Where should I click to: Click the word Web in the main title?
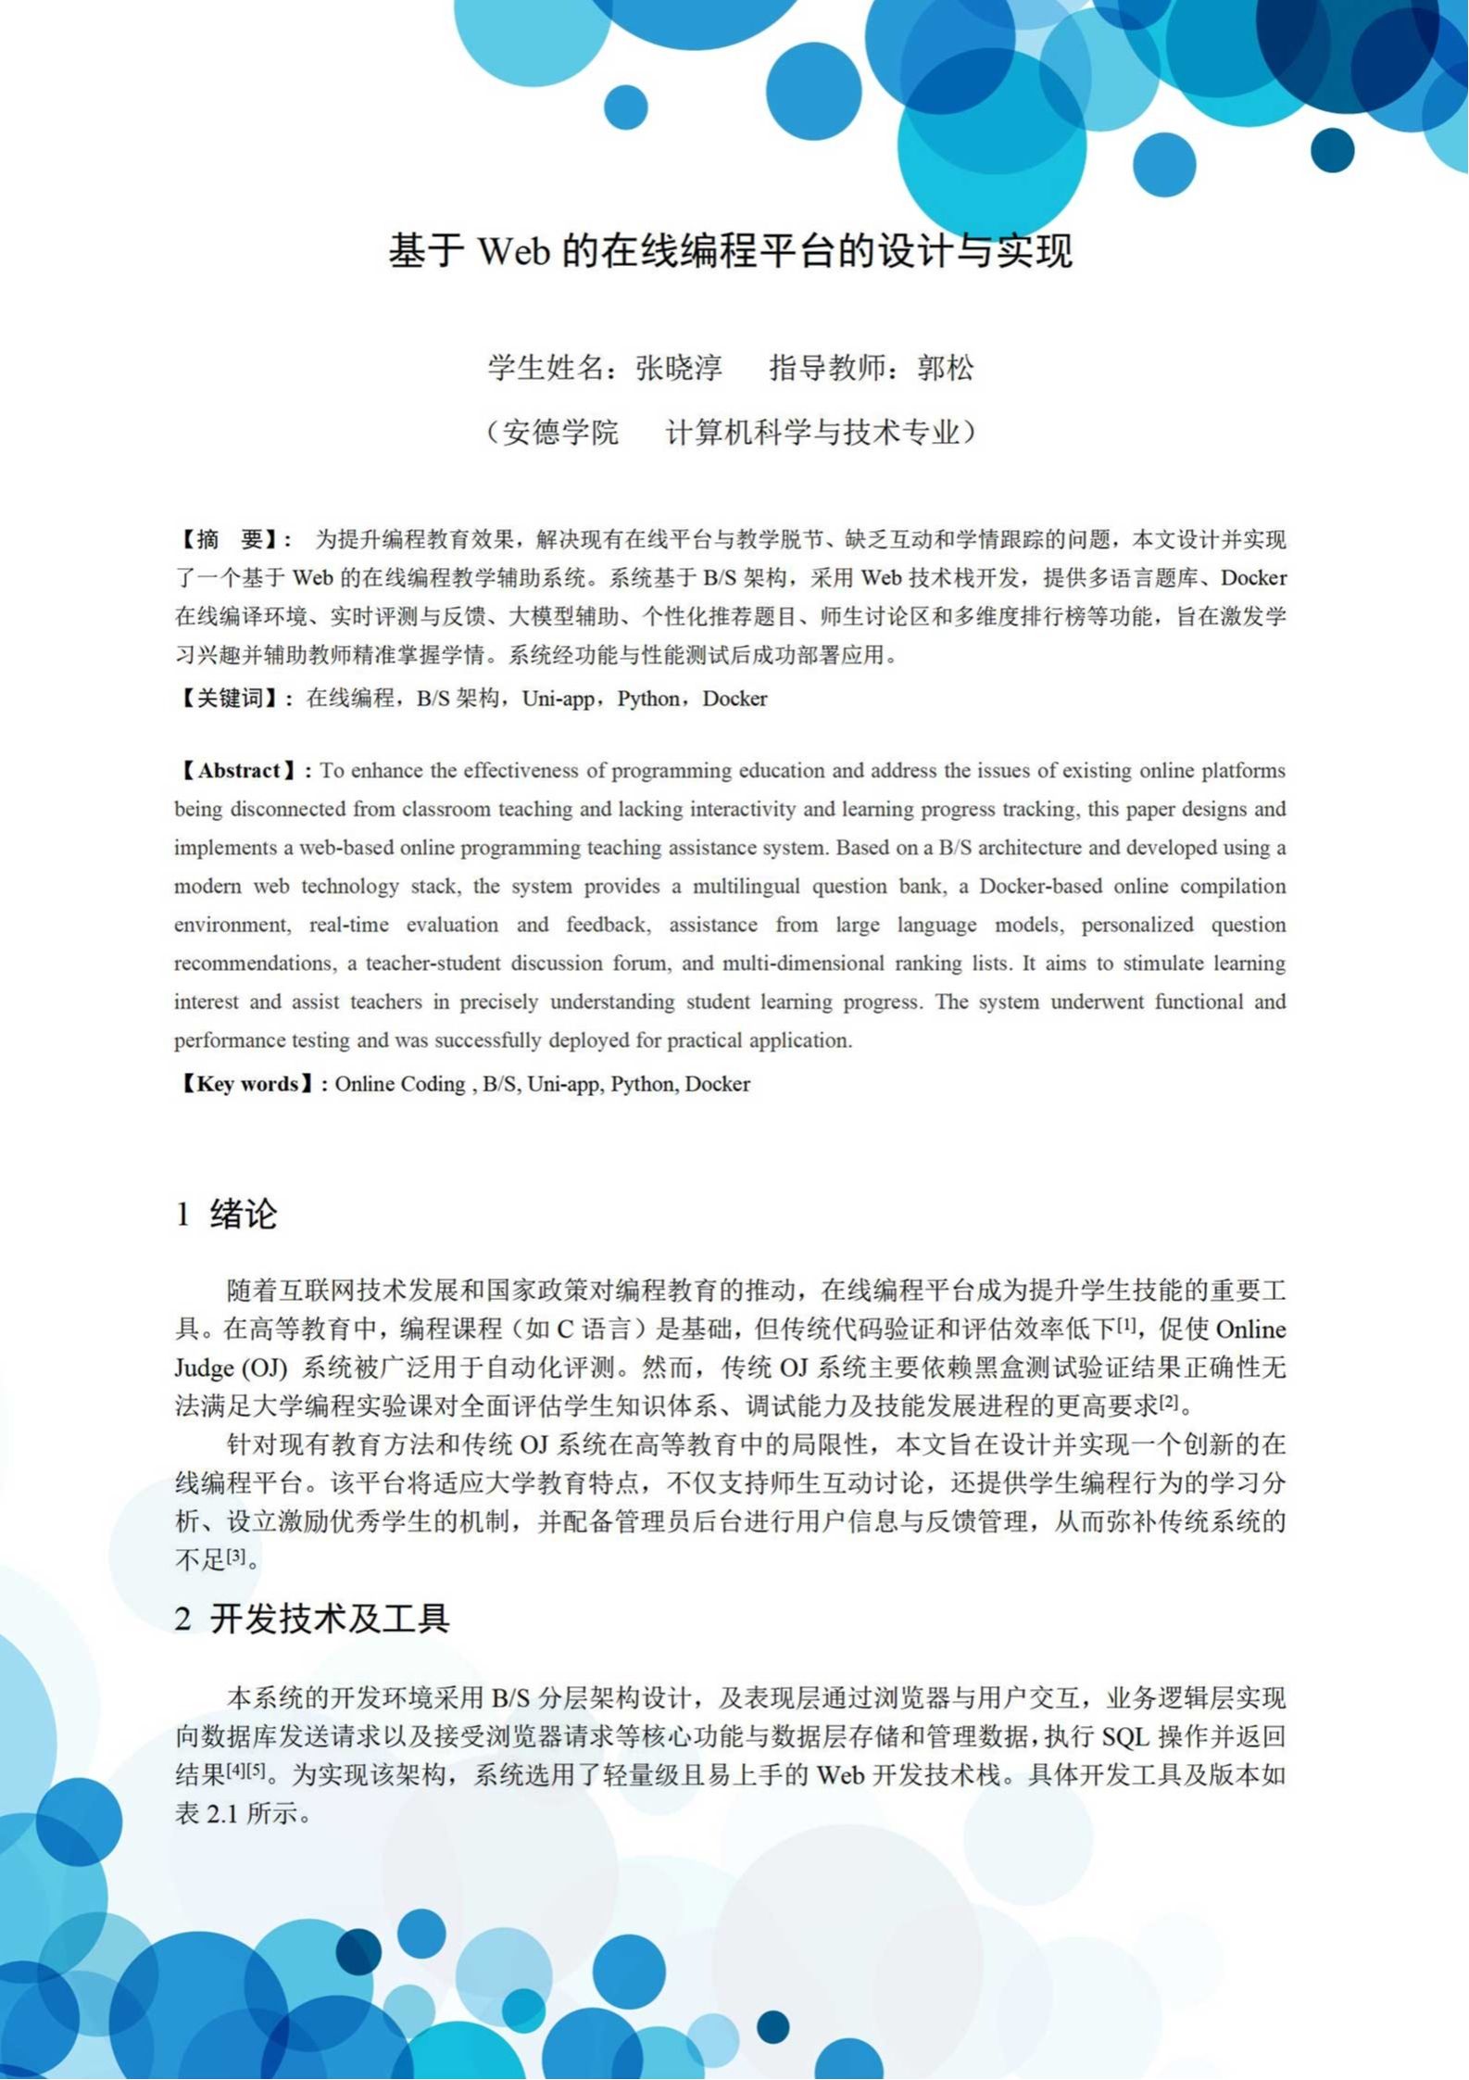click(514, 252)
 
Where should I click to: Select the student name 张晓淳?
click(679, 369)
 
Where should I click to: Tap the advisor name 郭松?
click(946, 369)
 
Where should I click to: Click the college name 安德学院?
click(560, 433)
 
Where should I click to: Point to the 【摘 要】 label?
click(232, 540)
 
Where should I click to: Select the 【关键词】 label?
click(231, 699)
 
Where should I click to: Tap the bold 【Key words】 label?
click(247, 1084)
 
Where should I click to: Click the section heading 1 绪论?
click(227, 1214)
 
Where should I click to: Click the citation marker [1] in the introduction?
click(1125, 1325)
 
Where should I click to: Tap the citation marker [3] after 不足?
click(237, 1556)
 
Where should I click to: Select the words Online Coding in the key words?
click(400, 1084)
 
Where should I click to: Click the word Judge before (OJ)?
click(204, 1368)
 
